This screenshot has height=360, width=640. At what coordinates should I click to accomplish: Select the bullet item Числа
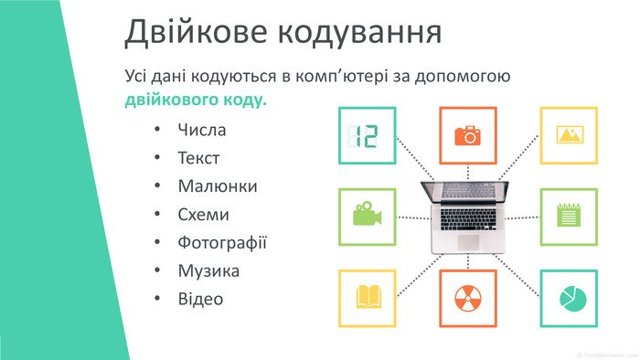coord(202,130)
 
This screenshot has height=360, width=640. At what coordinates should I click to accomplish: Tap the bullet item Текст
coord(198,158)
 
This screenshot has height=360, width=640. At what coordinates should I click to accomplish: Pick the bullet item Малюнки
coord(218,186)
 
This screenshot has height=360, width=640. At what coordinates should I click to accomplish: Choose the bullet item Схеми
coord(203,215)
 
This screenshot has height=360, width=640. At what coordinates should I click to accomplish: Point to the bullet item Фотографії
coord(222,243)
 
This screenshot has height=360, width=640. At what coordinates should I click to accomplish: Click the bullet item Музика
coord(208,271)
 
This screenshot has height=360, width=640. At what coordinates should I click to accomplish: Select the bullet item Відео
coord(200,299)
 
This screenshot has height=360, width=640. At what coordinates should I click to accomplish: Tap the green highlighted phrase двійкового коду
coord(196,101)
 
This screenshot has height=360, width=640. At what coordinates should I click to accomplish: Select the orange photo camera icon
coord(468,135)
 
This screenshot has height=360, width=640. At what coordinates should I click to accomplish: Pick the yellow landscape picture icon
coord(570,134)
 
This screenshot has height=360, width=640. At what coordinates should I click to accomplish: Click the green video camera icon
coord(367,213)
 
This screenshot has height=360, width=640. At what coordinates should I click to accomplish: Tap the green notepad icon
coord(569,215)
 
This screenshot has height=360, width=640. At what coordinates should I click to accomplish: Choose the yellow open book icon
coord(368,296)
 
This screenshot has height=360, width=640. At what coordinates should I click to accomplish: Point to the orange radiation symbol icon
coord(468,298)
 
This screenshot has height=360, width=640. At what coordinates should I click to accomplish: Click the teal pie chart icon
coord(572,299)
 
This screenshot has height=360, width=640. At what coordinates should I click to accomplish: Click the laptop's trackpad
coord(468,242)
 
